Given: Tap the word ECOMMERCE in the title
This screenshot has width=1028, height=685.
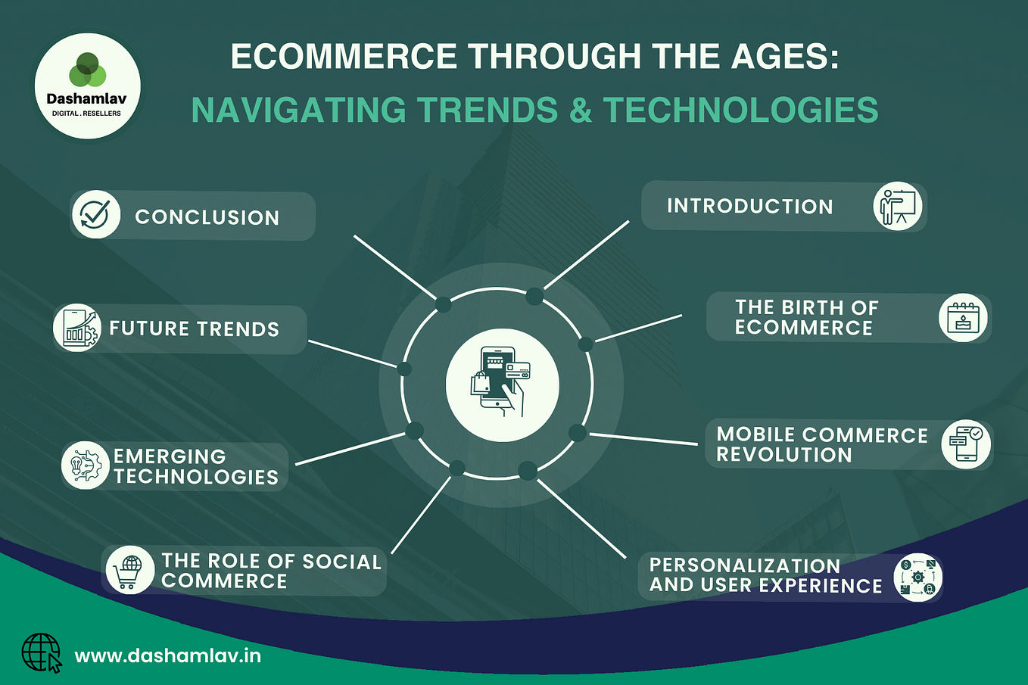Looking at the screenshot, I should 344,58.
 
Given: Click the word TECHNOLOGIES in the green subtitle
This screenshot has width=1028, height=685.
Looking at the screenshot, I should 740,111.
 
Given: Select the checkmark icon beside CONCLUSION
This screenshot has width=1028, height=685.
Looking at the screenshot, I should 96,215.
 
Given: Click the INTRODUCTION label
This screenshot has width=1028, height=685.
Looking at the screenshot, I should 749,207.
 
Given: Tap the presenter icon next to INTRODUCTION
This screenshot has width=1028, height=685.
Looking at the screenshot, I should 899,206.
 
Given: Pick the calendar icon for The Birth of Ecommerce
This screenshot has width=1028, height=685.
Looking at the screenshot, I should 963,317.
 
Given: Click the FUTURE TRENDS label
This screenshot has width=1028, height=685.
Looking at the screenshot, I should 195,329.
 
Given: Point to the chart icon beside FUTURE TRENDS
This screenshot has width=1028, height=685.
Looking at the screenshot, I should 77,328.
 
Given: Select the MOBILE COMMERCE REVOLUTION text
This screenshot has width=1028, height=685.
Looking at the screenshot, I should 821,444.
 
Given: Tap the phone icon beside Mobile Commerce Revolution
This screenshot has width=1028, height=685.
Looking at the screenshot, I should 966,444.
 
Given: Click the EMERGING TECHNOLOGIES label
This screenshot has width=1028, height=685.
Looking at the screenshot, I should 195,466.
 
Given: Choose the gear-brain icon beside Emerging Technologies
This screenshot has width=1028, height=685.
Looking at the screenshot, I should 85,465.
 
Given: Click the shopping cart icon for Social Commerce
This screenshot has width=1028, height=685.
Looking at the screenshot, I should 129,569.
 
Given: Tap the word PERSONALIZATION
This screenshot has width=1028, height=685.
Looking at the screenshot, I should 745,565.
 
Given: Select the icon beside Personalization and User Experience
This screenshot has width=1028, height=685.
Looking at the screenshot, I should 917,578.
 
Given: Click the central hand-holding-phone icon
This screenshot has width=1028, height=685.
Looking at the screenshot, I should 502,385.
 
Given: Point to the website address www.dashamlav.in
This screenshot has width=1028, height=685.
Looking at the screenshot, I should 168,655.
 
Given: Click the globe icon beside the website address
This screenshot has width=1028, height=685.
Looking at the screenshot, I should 42,652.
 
